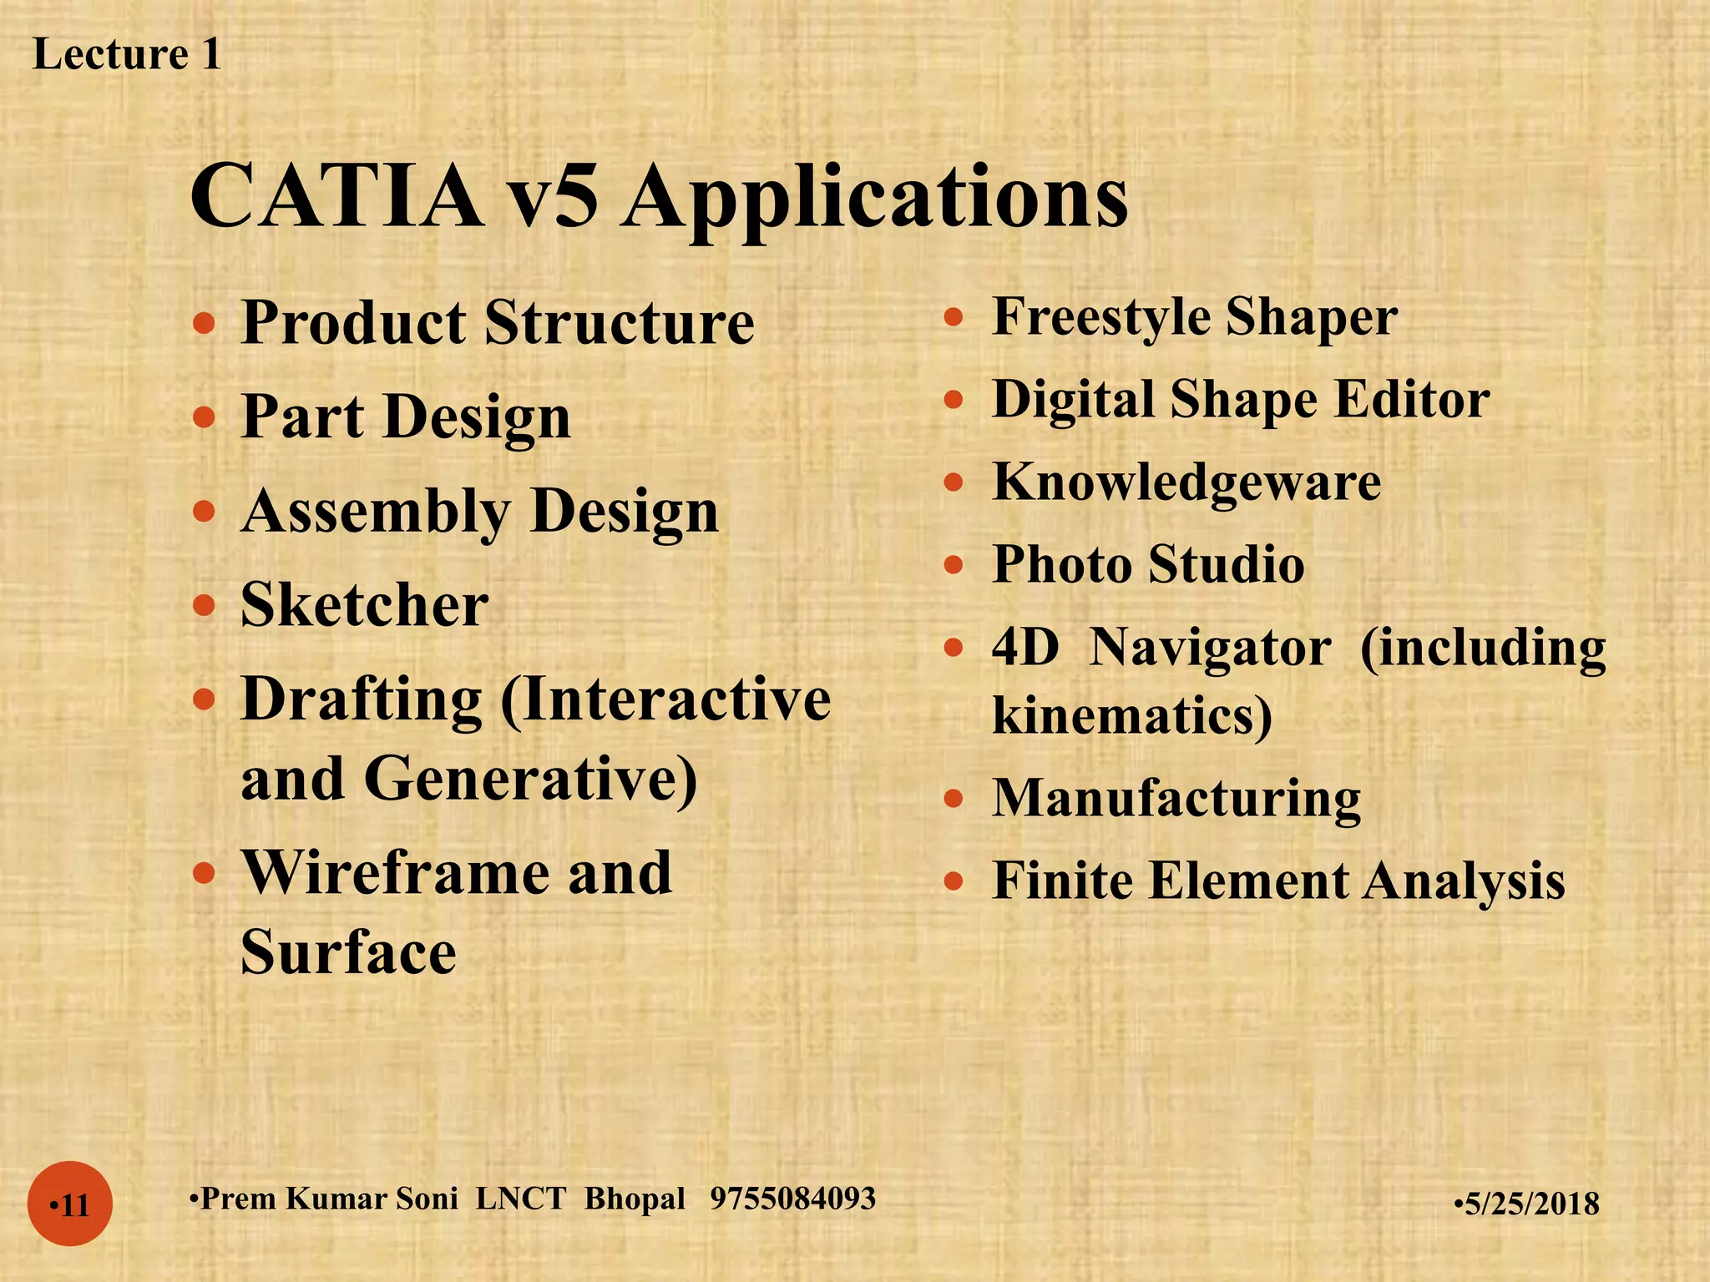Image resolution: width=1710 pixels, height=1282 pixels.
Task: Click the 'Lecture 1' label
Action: [x=127, y=55]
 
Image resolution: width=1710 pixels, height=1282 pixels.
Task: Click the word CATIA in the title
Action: [x=336, y=197]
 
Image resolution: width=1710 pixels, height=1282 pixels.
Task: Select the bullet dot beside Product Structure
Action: [x=204, y=322]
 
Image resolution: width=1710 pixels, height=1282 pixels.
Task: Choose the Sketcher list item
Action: [x=364, y=604]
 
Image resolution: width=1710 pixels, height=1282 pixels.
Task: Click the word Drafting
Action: [x=361, y=699]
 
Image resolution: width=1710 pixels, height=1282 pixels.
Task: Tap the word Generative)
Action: [x=530, y=779]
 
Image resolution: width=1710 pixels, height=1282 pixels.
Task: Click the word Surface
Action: [x=348, y=951]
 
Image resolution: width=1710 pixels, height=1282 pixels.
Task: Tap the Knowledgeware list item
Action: [x=1186, y=482]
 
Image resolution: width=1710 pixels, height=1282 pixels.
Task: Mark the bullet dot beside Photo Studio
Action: [x=954, y=565]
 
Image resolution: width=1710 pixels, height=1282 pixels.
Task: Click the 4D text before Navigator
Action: [x=1025, y=647]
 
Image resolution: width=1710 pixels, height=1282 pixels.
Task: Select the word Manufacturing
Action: [x=1176, y=798]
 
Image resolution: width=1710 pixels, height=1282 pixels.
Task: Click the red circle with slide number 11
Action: [x=70, y=1204]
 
